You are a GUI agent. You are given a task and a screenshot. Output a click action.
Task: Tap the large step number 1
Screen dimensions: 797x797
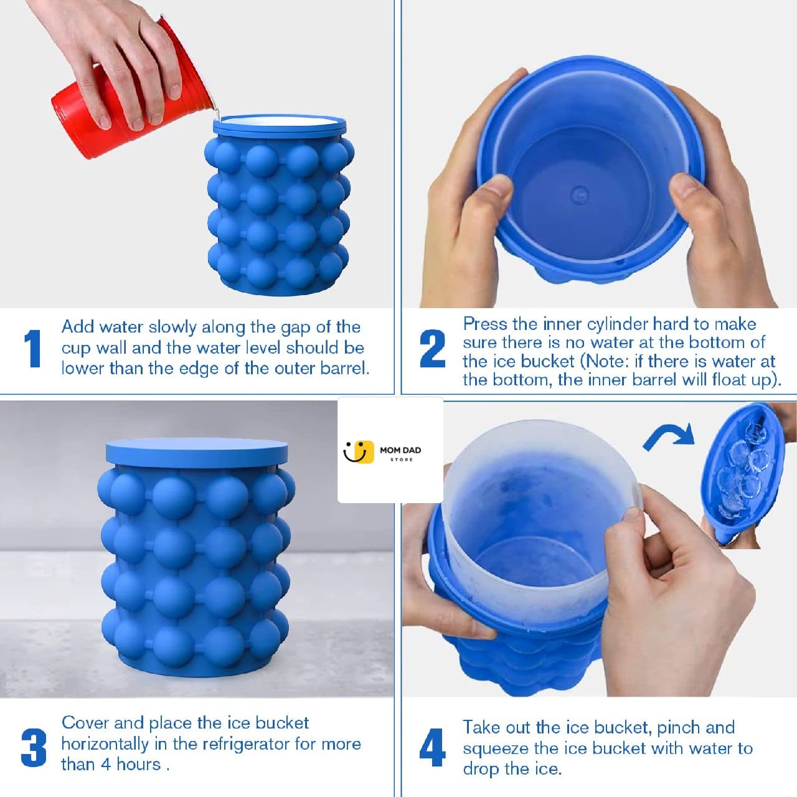32,348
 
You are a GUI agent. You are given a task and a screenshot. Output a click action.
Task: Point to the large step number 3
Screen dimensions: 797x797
34,747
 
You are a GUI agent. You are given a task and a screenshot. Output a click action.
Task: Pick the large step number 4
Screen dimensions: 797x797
432,747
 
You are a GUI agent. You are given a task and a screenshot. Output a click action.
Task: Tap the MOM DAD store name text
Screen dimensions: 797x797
400,450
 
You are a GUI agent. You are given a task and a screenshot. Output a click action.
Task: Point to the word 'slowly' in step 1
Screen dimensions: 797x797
172,327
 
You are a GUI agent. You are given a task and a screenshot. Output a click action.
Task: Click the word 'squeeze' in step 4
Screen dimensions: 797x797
494,748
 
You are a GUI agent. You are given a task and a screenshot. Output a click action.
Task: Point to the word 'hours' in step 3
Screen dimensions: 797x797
138,764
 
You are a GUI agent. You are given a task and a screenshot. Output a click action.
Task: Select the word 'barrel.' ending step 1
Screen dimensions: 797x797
345,368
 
